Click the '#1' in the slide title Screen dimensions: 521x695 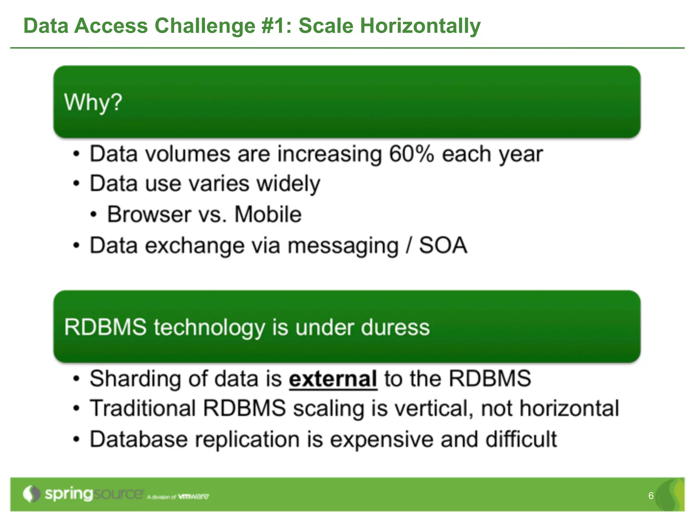(x=273, y=26)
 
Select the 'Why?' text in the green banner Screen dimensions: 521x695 (x=93, y=102)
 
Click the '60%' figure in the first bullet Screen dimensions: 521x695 (x=411, y=154)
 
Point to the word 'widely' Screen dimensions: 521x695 (x=288, y=184)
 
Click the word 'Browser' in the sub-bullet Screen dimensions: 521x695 (x=149, y=214)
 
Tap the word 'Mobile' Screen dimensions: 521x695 (x=268, y=214)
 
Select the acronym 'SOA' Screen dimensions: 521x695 (x=443, y=245)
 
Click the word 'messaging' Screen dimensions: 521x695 (x=343, y=246)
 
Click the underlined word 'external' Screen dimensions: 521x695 (x=333, y=379)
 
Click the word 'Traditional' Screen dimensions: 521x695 (x=143, y=408)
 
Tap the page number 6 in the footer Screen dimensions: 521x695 (x=651, y=496)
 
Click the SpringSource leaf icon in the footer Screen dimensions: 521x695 (x=31, y=494)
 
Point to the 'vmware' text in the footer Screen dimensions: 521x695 (x=193, y=497)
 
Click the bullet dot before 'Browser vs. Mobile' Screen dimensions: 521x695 (x=94, y=215)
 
